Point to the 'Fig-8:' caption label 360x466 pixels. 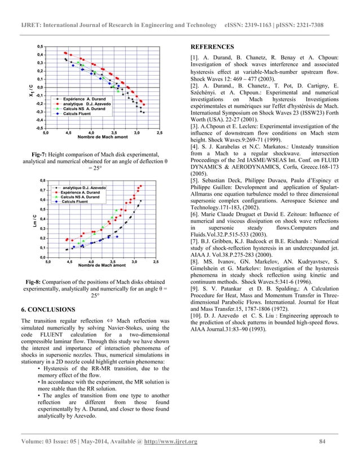[x=37, y=282]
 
